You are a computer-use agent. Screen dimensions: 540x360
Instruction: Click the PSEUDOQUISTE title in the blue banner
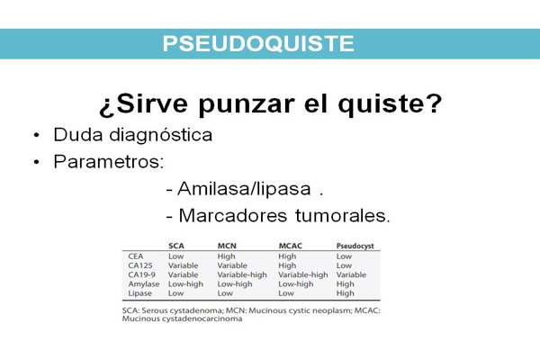pyautogui.click(x=258, y=43)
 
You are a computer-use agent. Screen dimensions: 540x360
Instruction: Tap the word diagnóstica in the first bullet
pyautogui.click(x=160, y=134)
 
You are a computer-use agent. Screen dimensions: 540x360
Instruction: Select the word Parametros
pyautogui.click(x=109, y=161)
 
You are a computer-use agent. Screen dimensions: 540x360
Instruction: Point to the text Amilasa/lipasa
pyautogui.click(x=244, y=189)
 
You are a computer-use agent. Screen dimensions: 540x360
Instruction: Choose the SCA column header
pyautogui.click(x=176, y=246)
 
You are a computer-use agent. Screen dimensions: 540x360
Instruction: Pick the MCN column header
pyautogui.click(x=227, y=246)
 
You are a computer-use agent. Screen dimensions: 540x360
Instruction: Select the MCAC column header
pyautogui.click(x=291, y=246)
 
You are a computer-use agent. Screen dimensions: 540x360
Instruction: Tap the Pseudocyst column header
pyautogui.click(x=355, y=247)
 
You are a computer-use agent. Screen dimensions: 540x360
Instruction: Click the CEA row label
pyautogui.click(x=136, y=256)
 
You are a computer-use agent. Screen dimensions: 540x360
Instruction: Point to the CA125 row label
pyautogui.click(x=140, y=265)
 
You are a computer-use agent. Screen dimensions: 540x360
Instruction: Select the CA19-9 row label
pyautogui.click(x=142, y=274)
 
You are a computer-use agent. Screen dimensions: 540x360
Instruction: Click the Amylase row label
pyautogui.click(x=144, y=284)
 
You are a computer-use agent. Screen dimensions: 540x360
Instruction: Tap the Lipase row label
pyautogui.click(x=139, y=293)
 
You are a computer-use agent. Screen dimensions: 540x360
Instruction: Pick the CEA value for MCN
pyautogui.click(x=226, y=256)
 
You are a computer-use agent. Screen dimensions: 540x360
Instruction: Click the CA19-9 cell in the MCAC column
pyautogui.click(x=303, y=274)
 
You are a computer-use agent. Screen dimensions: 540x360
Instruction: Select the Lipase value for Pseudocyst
pyautogui.click(x=345, y=293)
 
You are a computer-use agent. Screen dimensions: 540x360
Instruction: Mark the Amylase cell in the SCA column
pyautogui.click(x=185, y=284)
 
